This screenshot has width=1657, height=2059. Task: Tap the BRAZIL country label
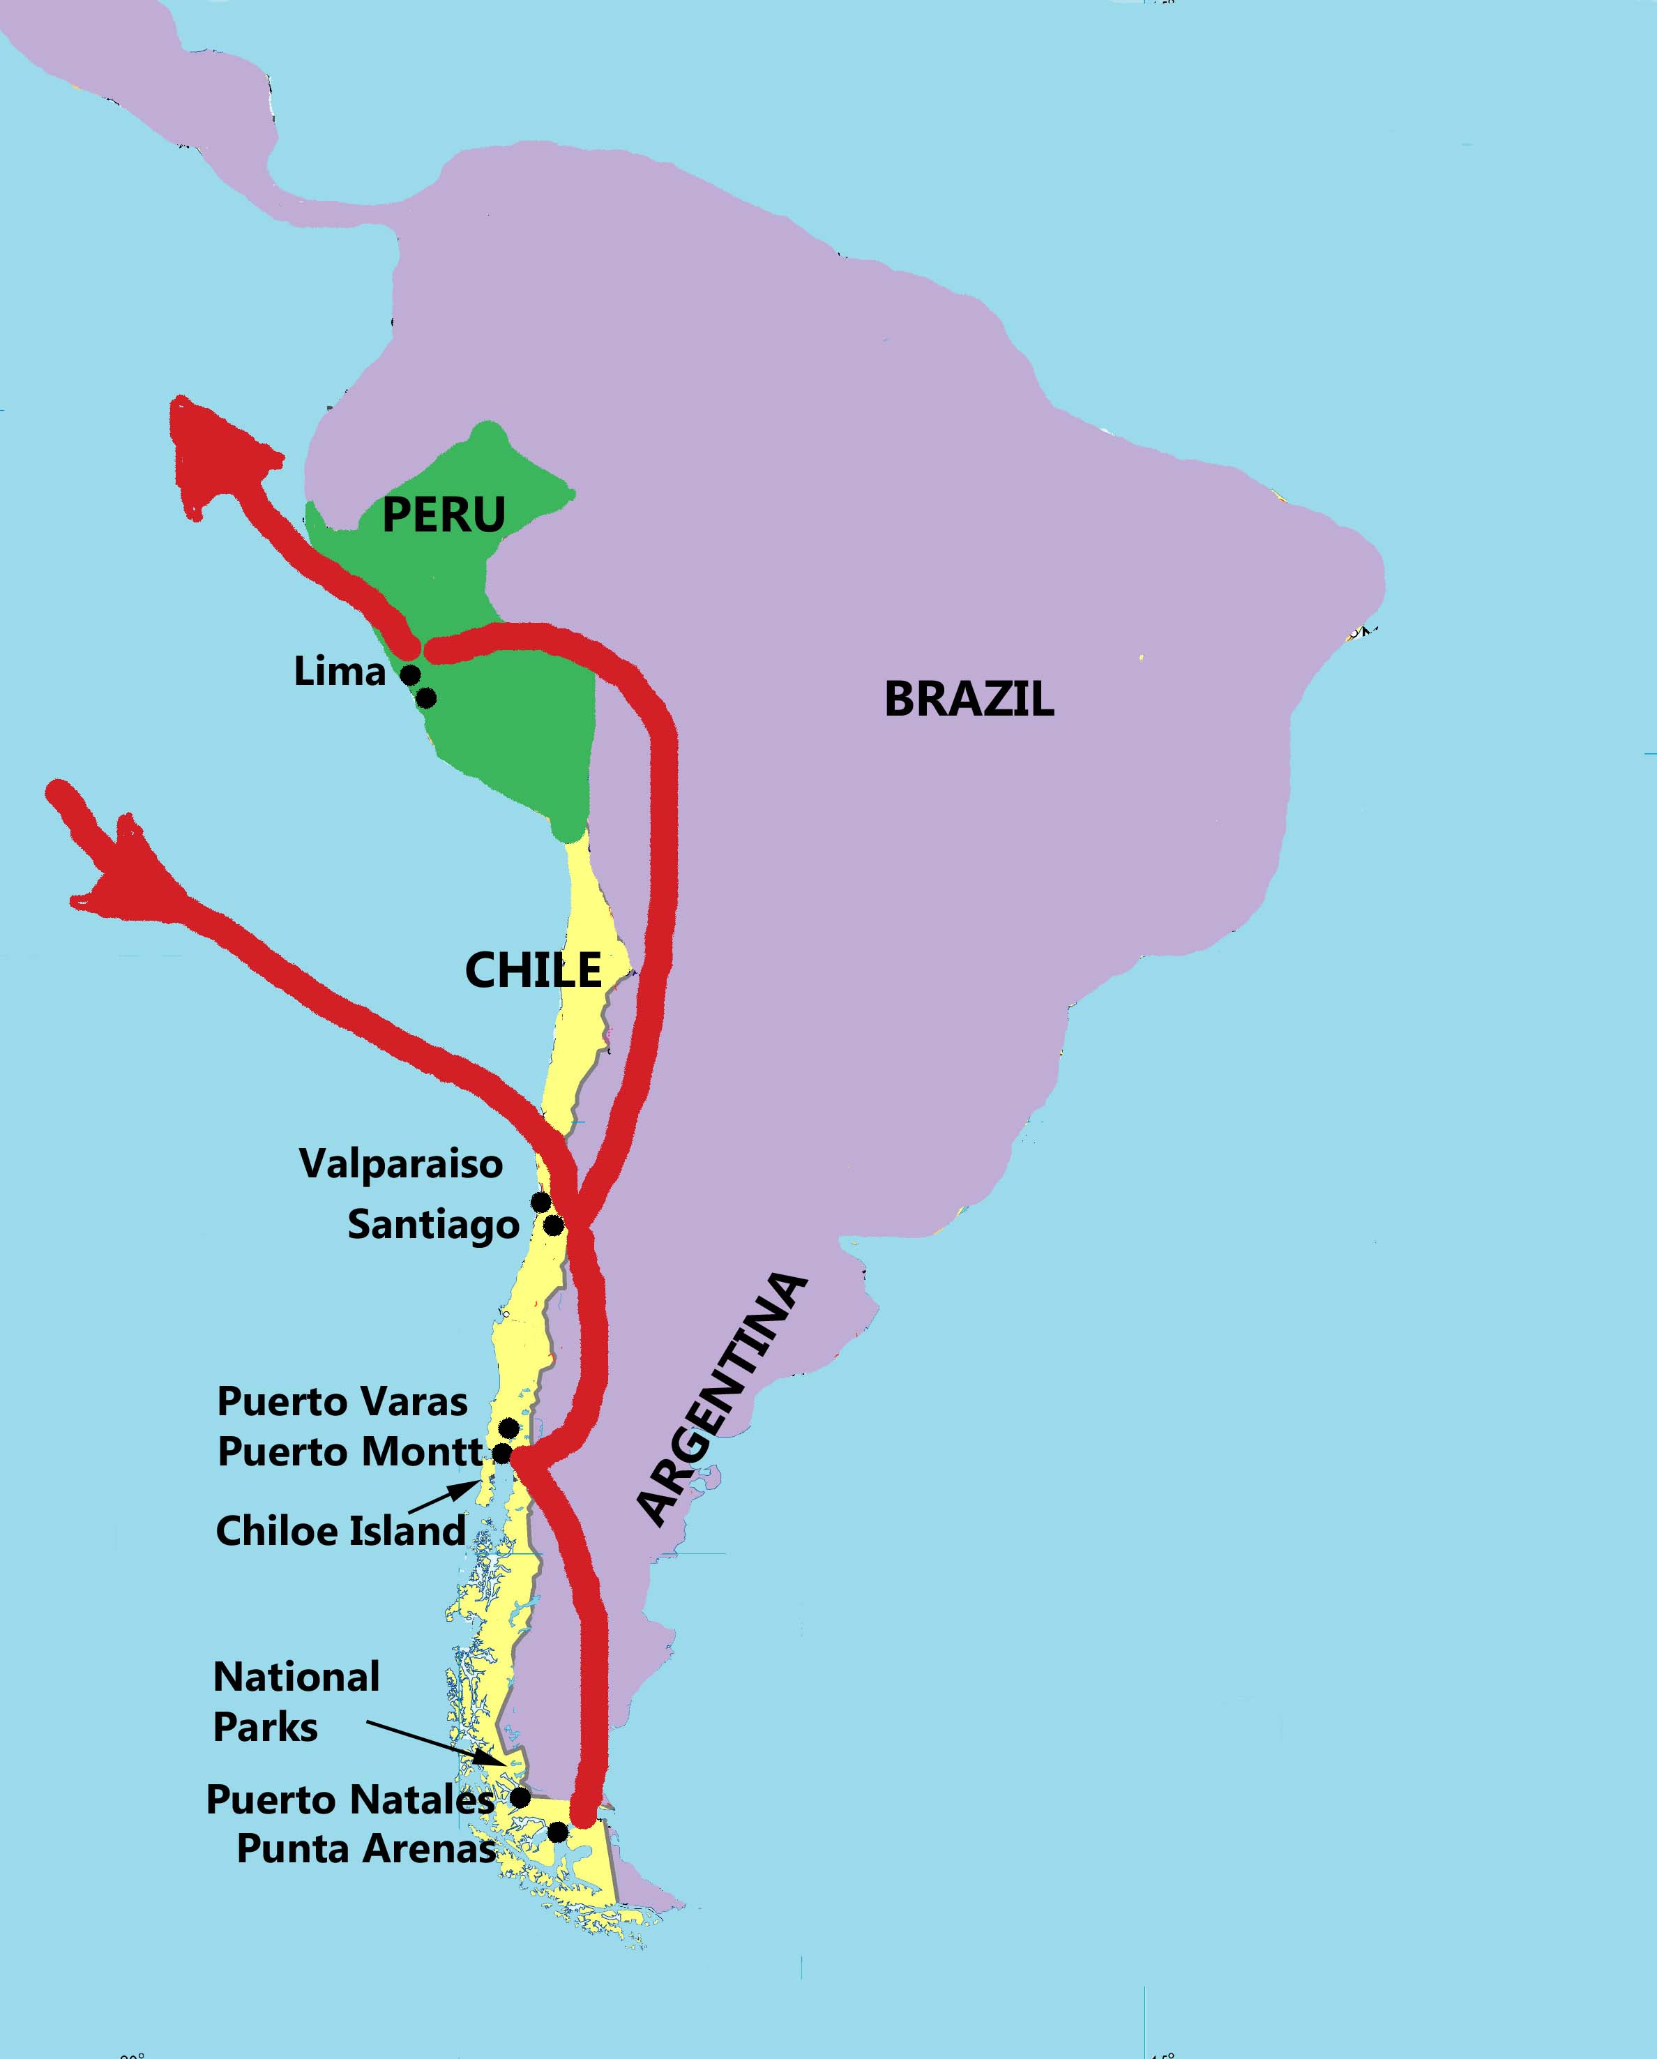(969, 699)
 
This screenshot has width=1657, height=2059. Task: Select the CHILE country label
(533, 970)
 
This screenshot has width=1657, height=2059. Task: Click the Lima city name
(339, 672)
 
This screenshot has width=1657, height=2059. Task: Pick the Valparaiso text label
(401, 1164)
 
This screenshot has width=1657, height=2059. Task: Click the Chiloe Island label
(340, 1531)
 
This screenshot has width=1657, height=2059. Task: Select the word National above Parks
(296, 1677)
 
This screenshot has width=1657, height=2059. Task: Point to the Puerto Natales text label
(349, 1800)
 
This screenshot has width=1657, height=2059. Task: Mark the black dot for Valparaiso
(540, 1201)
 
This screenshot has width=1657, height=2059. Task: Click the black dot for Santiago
(553, 1224)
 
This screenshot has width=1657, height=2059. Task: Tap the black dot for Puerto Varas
(509, 1428)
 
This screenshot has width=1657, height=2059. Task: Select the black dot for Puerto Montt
(502, 1453)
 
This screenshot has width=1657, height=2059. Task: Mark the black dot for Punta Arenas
(557, 1832)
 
